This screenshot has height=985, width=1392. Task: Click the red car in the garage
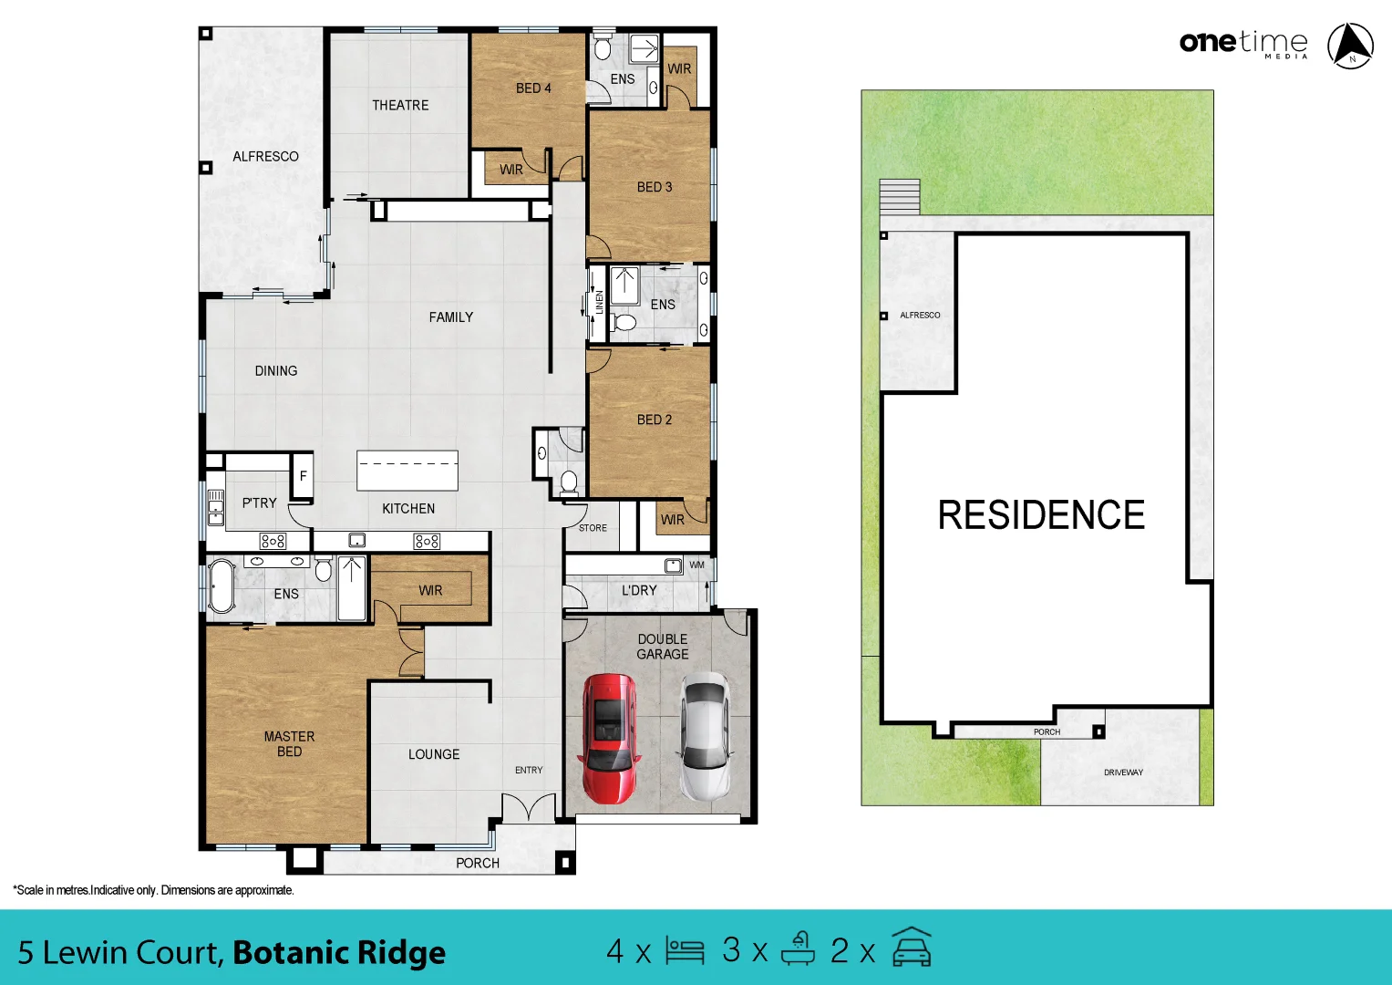(x=609, y=739)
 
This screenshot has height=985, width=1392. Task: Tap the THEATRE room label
(x=400, y=105)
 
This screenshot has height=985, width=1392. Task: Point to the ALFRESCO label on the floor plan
(x=265, y=156)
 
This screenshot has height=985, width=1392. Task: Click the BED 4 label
(x=533, y=88)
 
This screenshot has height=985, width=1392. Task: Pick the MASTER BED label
(x=289, y=743)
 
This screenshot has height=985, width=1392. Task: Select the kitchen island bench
(x=407, y=471)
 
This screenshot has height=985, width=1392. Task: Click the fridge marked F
(x=304, y=476)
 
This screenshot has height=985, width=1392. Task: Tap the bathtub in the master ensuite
(x=222, y=586)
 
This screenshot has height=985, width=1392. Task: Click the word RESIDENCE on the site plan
(x=1041, y=515)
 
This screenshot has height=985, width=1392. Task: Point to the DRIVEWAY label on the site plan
(x=1123, y=772)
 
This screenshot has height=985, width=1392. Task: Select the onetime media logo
(x=1243, y=43)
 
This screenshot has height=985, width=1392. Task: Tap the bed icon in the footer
(x=685, y=950)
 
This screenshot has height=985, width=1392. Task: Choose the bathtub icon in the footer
(x=798, y=949)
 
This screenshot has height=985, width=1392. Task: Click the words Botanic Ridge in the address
(x=339, y=952)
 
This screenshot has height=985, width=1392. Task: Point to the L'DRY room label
(x=639, y=590)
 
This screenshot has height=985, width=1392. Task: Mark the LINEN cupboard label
(x=599, y=303)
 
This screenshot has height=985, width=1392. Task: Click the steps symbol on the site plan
(x=900, y=196)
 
